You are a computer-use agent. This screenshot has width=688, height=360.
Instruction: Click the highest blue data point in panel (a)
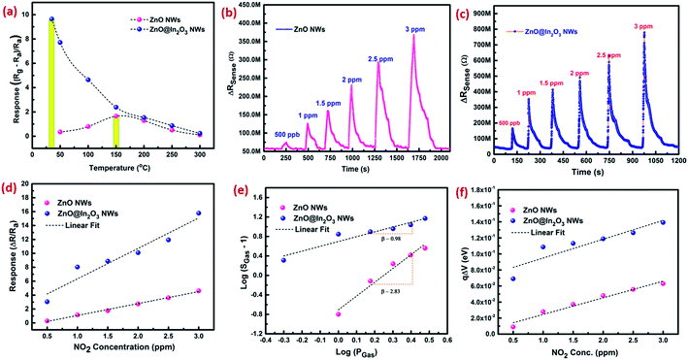[x=50, y=19]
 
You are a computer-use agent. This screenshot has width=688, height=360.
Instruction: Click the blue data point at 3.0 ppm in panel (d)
[x=199, y=213]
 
